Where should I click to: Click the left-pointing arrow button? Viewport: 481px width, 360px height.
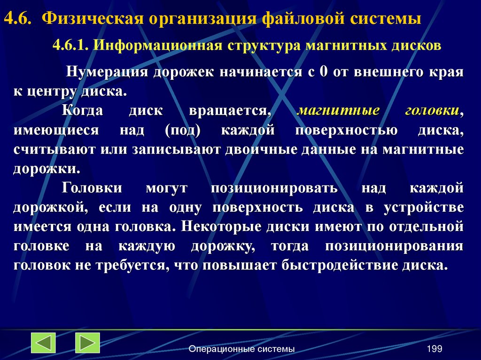pyautogui.click(x=44, y=343)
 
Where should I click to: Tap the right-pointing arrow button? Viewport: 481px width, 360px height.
pyautogui.click(x=87, y=343)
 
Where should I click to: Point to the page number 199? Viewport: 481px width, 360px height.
pyautogui.click(x=434, y=349)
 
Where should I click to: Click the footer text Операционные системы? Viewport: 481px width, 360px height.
pyautogui.click(x=241, y=349)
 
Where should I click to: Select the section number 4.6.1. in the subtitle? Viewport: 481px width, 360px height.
pyautogui.click(x=71, y=46)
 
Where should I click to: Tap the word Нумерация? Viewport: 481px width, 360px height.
pyautogui.click(x=106, y=72)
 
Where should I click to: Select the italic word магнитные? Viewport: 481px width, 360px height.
pyautogui.click(x=339, y=111)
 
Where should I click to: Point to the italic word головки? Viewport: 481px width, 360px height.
pyautogui.click(x=432, y=111)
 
